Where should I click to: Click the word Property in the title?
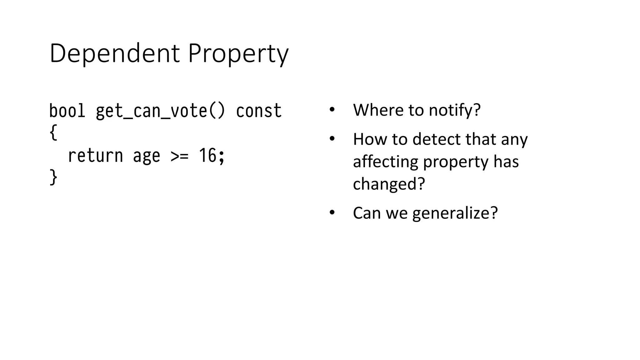238,54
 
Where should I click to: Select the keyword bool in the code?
67,111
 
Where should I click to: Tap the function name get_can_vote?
151,111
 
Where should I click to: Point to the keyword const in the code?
259,111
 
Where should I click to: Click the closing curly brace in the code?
53,177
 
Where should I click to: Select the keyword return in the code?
95,155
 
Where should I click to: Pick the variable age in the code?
147,156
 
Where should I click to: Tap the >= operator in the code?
180,156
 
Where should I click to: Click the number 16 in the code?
207,155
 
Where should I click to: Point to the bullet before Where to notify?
332,110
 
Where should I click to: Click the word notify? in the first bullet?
455,110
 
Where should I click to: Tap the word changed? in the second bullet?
389,184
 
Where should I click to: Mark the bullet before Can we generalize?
332,213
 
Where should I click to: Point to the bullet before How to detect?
332,139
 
